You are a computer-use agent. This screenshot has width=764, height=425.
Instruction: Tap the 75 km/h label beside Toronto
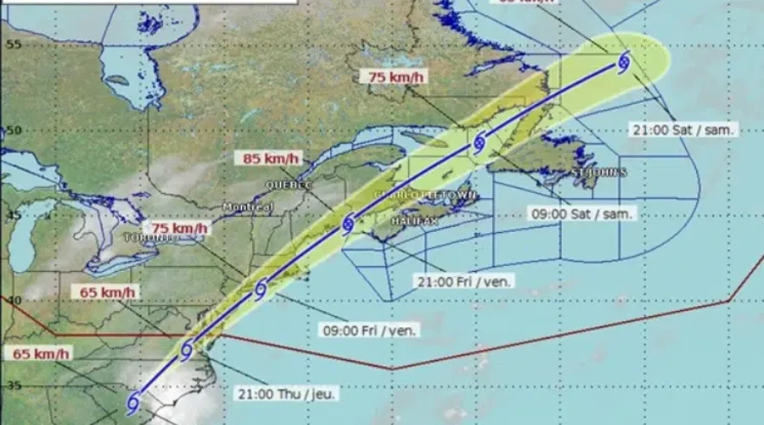pos(178,228)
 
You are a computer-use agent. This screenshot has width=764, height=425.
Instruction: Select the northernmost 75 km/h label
pos(396,77)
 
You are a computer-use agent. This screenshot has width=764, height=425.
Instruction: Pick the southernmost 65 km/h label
pos(41,353)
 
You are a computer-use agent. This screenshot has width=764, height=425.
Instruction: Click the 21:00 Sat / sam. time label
pos(683,130)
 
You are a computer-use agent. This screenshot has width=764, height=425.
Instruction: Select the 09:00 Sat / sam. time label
pos(581,214)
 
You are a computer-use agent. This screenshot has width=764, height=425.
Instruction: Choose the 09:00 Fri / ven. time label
pos(370,330)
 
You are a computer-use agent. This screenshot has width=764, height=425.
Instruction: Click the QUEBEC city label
pos(289,184)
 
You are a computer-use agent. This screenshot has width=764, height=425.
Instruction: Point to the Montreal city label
pos(248,207)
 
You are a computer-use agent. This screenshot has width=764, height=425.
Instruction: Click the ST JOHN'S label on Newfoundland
pos(598,173)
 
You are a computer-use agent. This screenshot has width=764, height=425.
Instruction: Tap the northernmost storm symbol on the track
pos(625,61)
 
